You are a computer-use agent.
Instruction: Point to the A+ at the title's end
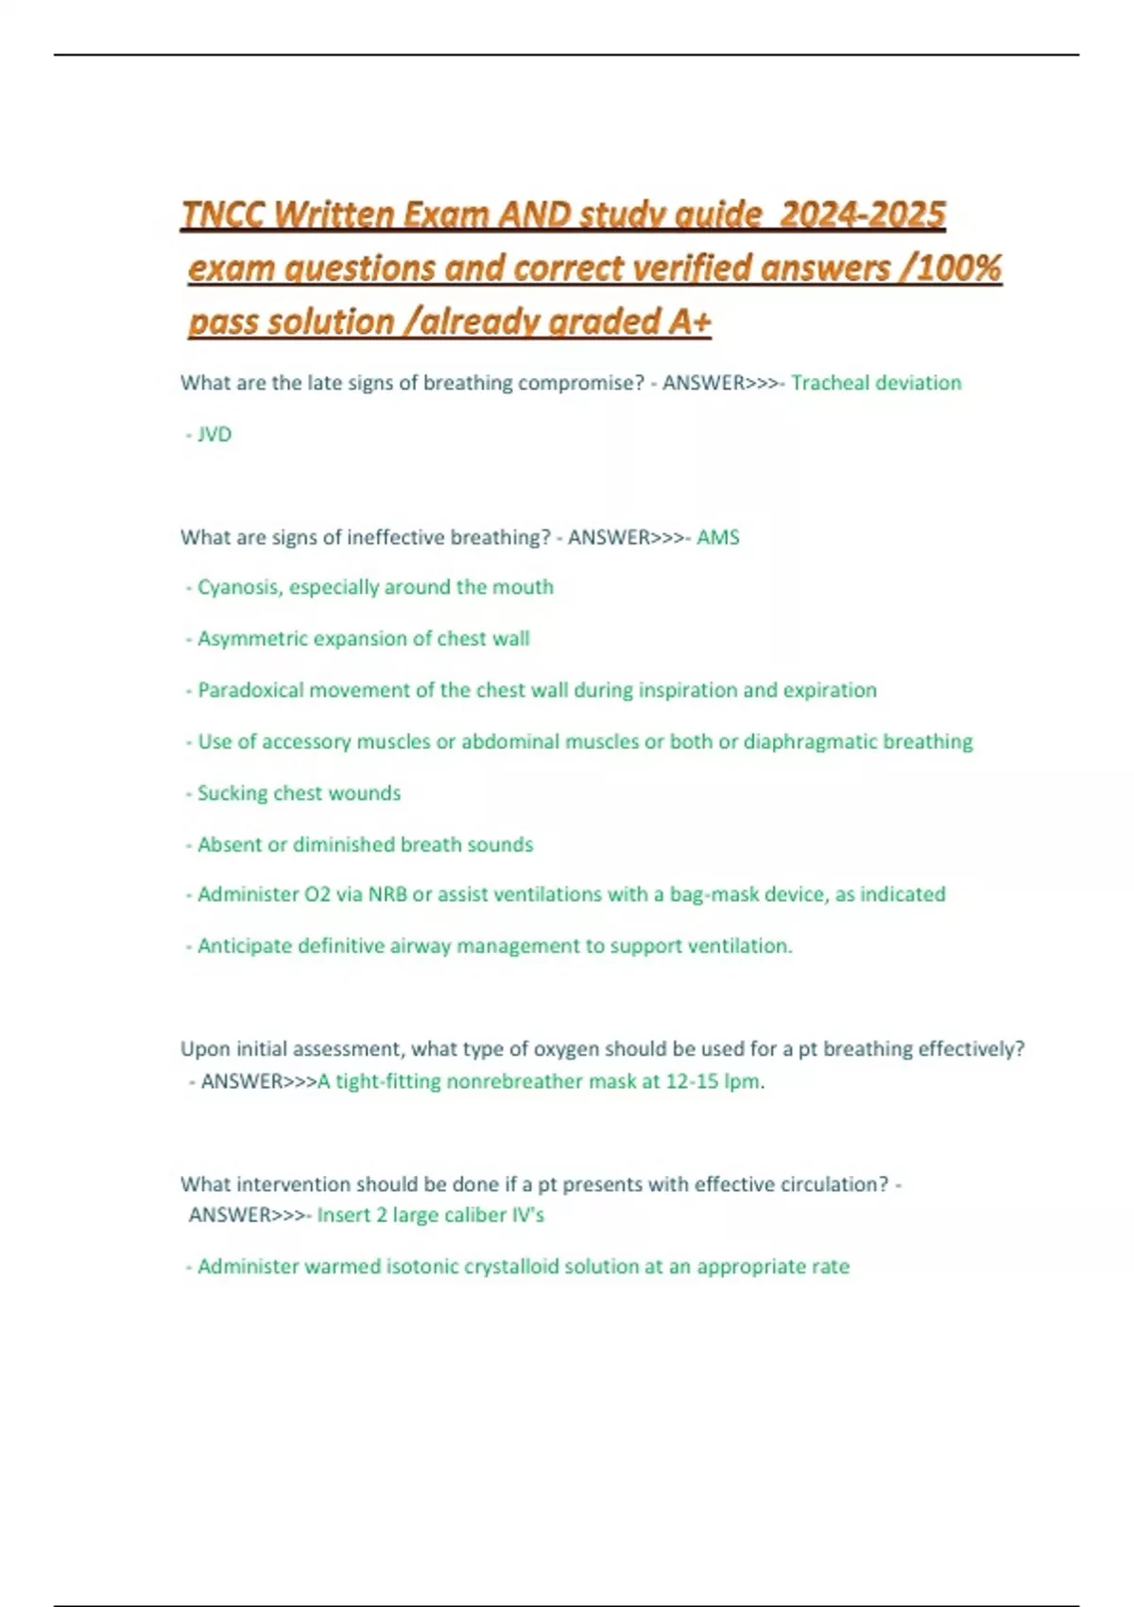[690, 322]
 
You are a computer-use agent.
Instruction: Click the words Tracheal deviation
[876, 383]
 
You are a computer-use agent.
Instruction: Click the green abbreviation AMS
[718, 538]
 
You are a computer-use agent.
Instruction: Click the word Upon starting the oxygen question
[205, 1049]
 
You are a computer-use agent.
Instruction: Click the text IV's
[528, 1216]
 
